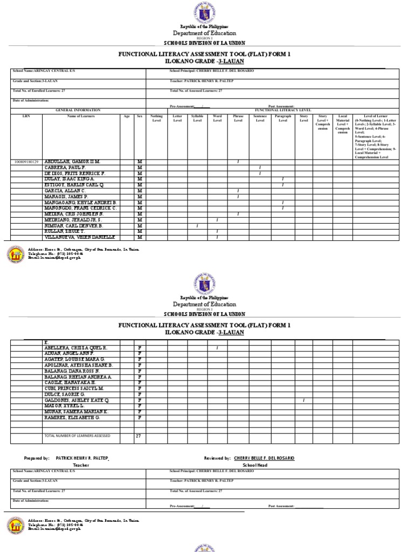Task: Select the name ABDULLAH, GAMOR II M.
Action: point(72,162)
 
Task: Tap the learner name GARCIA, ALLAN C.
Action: point(65,191)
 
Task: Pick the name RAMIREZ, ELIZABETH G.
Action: point(72,417)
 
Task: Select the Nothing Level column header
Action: point(156,118)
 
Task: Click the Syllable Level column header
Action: point(197,118)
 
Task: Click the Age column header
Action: point(127,116)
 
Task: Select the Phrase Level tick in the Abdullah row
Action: point(238,162)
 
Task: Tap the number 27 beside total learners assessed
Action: point(138,436)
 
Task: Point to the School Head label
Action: point(255,465)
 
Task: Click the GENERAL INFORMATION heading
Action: point(78,110)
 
